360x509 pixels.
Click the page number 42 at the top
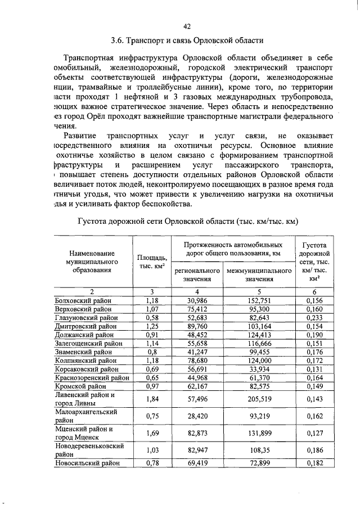coord(188,26)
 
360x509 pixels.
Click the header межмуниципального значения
coord(259,274)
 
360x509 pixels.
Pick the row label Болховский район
coord(83,301)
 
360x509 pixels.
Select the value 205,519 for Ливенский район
coord(259,398)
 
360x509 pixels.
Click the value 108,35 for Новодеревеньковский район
coord(259,450)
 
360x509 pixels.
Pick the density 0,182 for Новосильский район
coord(316,463)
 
